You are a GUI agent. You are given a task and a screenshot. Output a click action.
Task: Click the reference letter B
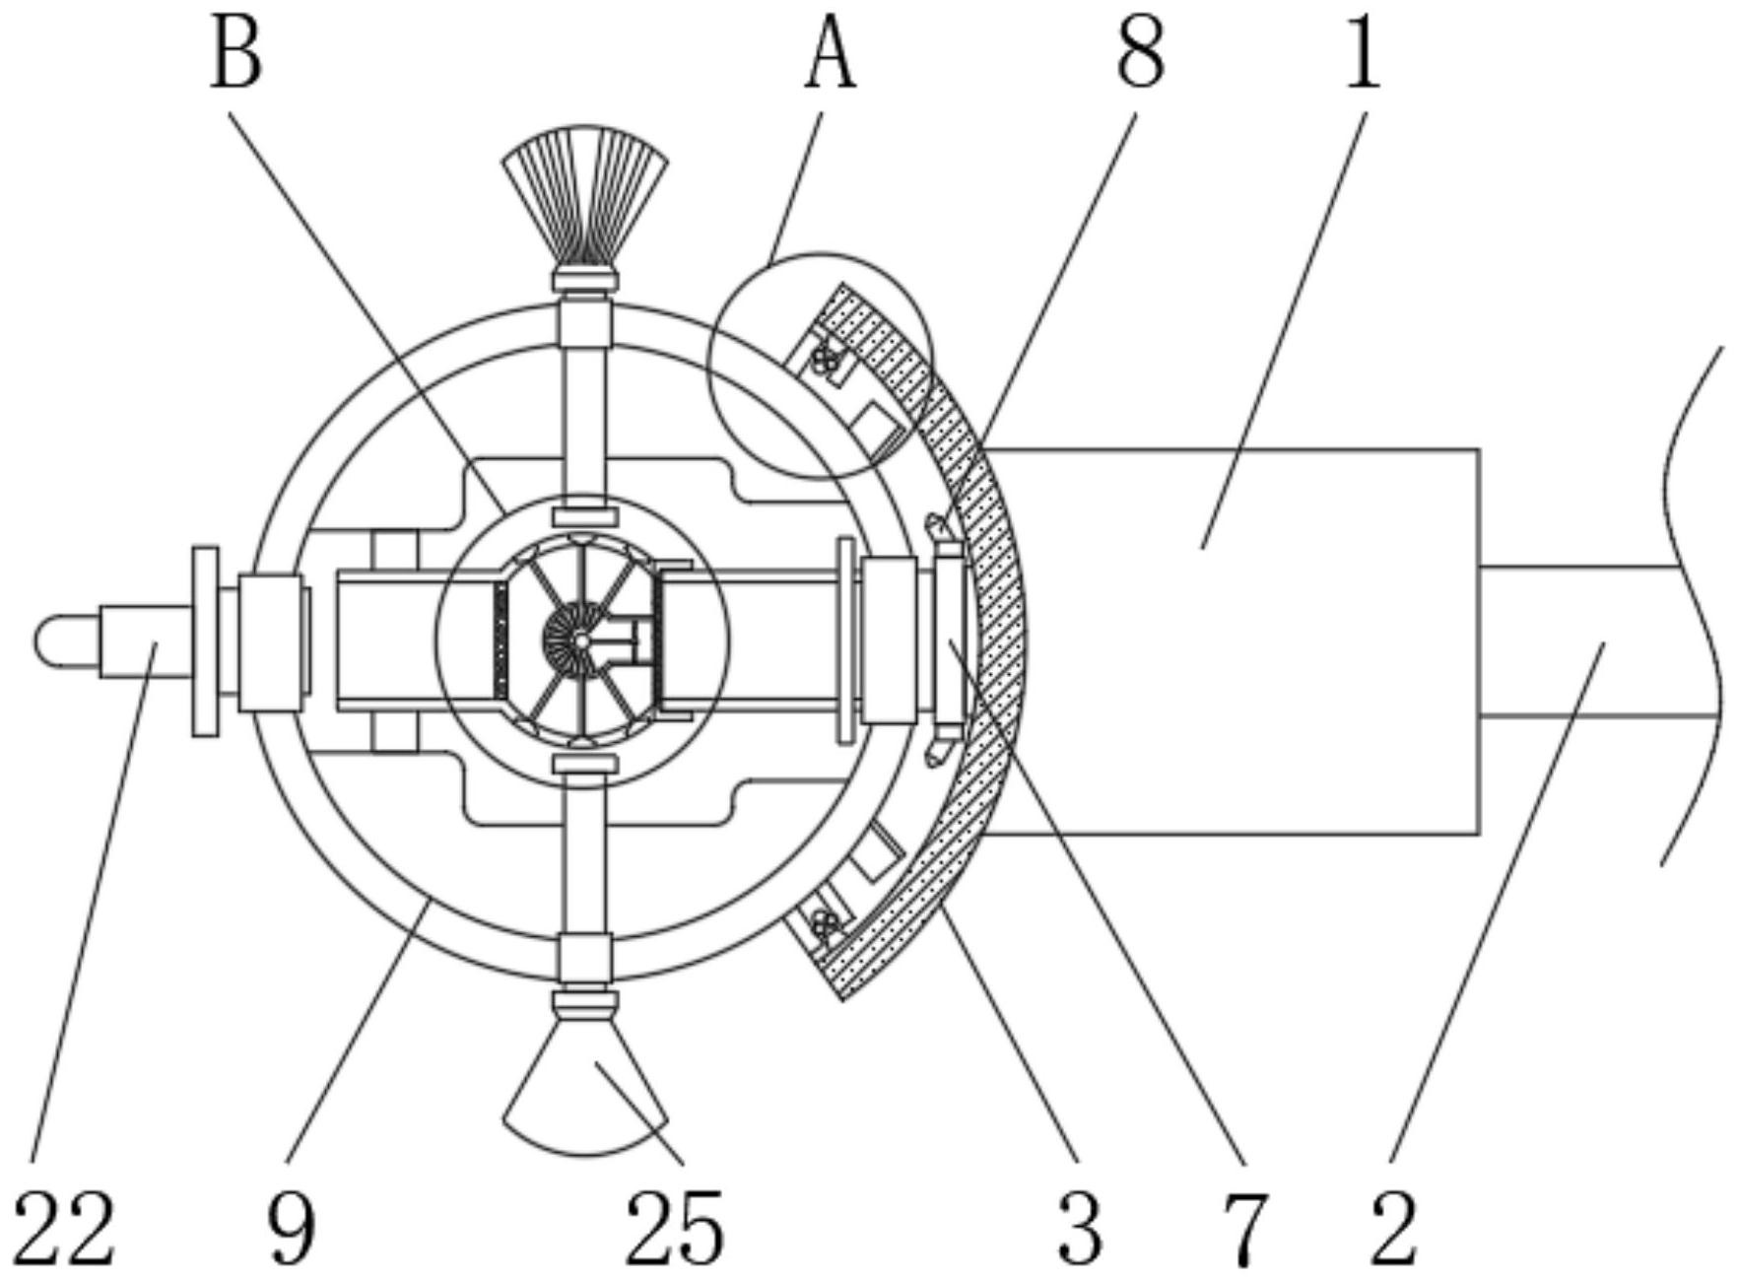236,57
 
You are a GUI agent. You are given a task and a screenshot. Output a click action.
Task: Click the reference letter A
831,57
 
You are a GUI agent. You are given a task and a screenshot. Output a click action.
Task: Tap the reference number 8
1141,57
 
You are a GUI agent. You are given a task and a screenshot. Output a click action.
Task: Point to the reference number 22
65,1227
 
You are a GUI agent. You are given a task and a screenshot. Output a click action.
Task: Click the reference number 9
292,1227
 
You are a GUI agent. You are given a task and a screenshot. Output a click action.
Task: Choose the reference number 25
675,1227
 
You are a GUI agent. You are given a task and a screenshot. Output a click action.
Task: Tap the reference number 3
1080,1227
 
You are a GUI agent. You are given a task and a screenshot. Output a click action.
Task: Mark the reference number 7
1243,1227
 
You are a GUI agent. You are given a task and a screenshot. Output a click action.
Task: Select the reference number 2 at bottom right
1393,1227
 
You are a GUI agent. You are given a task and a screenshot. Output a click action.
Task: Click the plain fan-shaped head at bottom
586,1094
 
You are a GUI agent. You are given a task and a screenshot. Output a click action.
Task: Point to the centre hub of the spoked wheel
582,641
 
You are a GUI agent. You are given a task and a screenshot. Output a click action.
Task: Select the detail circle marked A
821,366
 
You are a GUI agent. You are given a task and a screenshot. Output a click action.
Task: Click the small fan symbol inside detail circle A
826,362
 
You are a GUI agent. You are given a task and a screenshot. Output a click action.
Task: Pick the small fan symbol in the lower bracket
822,923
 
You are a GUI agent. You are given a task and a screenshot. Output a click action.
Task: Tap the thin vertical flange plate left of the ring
205,641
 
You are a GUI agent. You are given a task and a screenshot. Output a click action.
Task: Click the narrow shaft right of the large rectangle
1576,641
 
